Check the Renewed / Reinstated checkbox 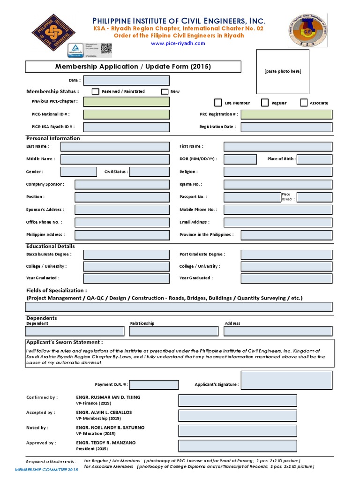tap(95, 91)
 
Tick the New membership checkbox tap(165, 92)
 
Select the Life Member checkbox tap(218, 103)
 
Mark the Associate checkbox tap(304, 103)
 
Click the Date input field tap(127, 81)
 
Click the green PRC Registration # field tap(286, 114)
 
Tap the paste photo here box tap(282, 71)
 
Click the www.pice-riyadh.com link tap(178, 43)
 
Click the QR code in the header tap(106, 49)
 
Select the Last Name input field tap(115, 147)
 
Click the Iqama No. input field tap(278, 185)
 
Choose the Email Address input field tap(278, 223)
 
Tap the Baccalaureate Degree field tap(127, 255)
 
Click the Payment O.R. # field tap(154, 385)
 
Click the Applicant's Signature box tap(286, 380)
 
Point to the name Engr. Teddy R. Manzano tap(105, 443)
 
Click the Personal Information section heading tap(53, 138)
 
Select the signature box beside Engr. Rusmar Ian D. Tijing tap(237, 400)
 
